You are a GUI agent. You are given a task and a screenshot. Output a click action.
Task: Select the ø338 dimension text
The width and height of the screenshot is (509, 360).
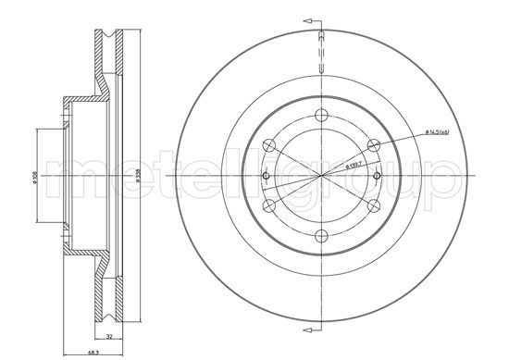point(137,178)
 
